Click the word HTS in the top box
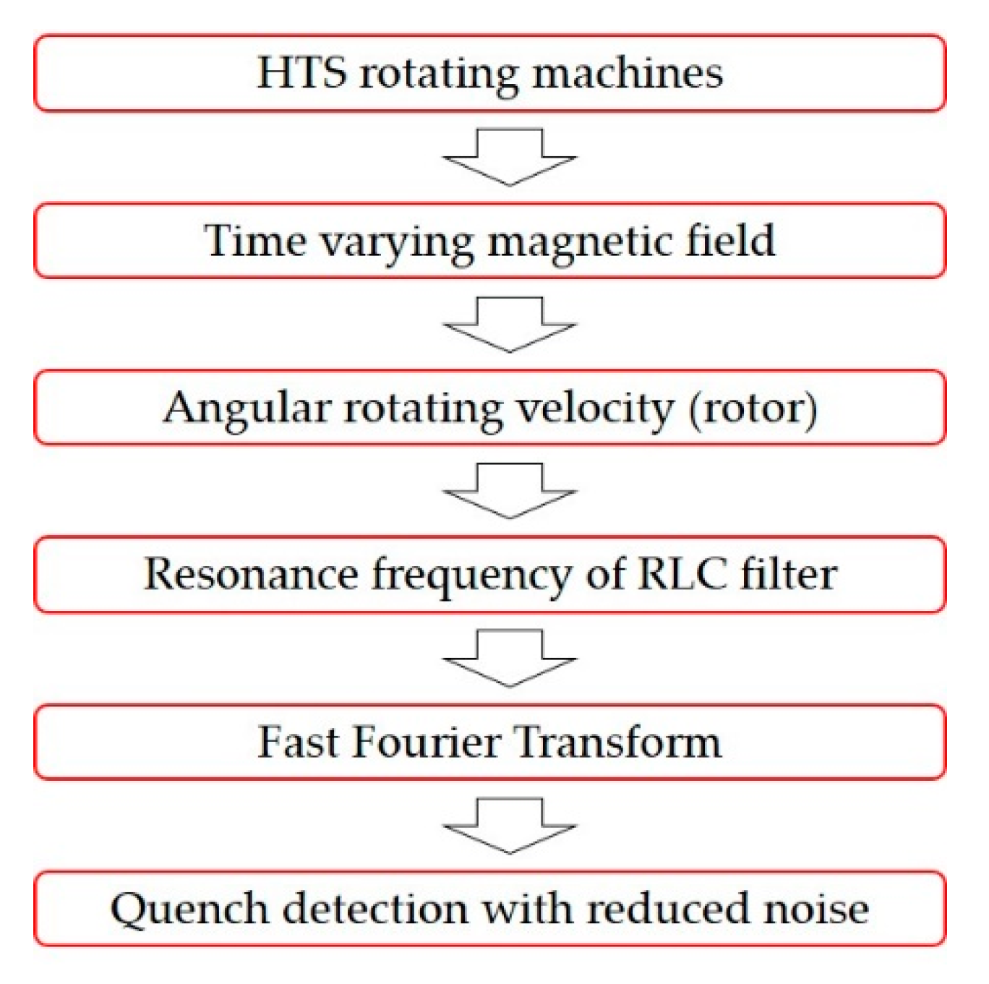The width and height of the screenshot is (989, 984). pyautogui.click(x=301, y=73)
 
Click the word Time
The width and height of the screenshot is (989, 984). pyautogui.click(x=254, y=240)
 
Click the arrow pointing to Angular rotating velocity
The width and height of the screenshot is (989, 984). pyautogui.click(x=510, y=324)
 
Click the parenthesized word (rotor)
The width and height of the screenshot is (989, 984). pyautogui.click(x=753, y=408)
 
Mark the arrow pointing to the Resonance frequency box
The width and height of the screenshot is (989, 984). pyautogui.click(x=510, y=490)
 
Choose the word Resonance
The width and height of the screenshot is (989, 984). pyautogui.click(x=251, y=575)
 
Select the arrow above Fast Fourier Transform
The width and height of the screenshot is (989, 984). pyautogui.click(x=510, y=657)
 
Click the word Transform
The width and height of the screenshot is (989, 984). pyautogui.click(x=619, y=742)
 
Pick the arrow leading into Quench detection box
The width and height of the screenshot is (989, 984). pyautogui.click(x=510, y=826)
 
